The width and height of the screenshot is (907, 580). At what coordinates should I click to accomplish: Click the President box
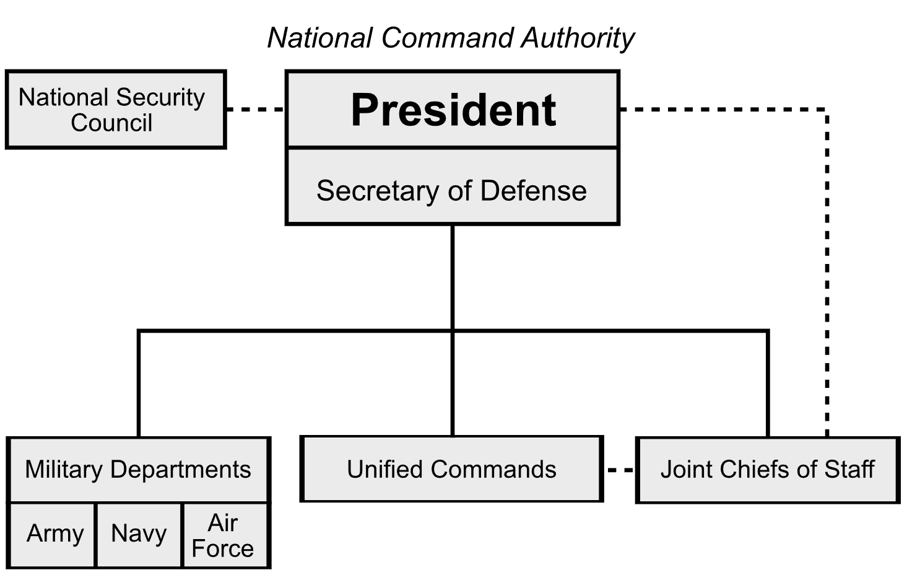[x=453, y=110]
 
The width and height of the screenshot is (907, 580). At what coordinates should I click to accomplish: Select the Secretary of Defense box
[x=453, y=187]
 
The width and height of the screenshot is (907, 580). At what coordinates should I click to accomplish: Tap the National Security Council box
[x=116, y=110]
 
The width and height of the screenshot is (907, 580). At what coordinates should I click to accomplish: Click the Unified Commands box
[x=451, y=469]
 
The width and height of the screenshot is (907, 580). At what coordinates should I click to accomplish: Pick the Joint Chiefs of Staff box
[x=768, y=470]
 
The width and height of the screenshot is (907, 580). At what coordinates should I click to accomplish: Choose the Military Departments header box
[x=139, y=470]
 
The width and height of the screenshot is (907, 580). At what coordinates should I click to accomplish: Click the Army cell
[x=54, y=534]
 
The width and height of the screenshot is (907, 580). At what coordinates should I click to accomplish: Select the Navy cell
[x=139, y=534]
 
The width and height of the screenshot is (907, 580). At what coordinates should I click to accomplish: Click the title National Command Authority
[x=451, y=38]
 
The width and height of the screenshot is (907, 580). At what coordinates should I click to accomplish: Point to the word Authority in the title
[x=578, y=38]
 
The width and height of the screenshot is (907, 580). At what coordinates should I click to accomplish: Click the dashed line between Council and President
[x=255, y=110]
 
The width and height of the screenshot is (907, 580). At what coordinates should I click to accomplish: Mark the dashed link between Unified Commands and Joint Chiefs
[x=620, y=470]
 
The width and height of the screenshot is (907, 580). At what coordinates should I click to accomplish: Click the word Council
[x=111, y=123]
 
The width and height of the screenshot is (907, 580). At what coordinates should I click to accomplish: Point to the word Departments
[x=181, y=470]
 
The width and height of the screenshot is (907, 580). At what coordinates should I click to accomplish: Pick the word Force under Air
[x=223, y=548]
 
